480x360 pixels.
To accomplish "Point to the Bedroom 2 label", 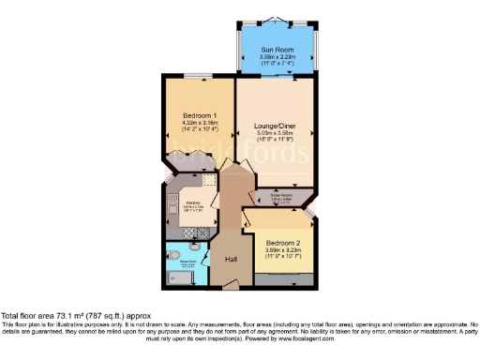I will pos(282,241).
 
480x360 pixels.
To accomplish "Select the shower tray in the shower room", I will pos(176,277).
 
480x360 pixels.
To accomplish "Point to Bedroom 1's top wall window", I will pos(196,76).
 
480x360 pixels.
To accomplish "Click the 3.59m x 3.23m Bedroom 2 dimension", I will pos(282,249).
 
